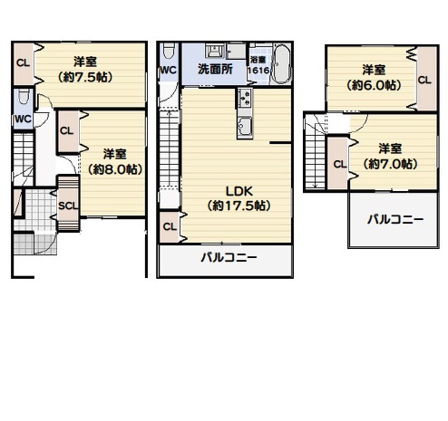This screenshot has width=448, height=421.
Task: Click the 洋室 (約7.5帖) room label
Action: point(85,70)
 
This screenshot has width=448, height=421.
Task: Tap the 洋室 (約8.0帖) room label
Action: point(115,161)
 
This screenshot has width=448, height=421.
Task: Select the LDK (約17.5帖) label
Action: point(239,198)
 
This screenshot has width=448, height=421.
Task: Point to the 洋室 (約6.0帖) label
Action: point(374,77)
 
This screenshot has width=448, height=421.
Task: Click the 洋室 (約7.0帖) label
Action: point(390,157)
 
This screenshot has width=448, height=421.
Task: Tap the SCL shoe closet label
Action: point(68,206)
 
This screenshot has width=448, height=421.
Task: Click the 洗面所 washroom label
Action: point(215,69)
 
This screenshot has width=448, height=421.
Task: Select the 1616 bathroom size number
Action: point(258,71)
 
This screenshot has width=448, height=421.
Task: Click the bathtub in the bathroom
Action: point(281,64)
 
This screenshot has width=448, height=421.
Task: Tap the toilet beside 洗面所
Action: point(169,51)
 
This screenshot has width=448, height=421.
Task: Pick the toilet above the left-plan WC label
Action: point(24,97)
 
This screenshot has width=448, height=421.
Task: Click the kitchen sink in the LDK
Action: point(245,126)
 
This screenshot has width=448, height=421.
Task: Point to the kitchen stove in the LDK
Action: point(245,98)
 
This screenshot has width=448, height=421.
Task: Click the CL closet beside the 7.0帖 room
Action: point(338,163)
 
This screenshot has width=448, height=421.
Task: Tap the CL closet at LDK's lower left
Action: point(170,227)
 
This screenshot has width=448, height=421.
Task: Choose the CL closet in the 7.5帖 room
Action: point(24,63)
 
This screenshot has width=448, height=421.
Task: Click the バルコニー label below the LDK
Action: point(229,257)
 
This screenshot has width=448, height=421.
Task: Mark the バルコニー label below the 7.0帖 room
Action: point(395,219)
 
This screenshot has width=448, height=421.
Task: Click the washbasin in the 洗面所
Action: point(214,51)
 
